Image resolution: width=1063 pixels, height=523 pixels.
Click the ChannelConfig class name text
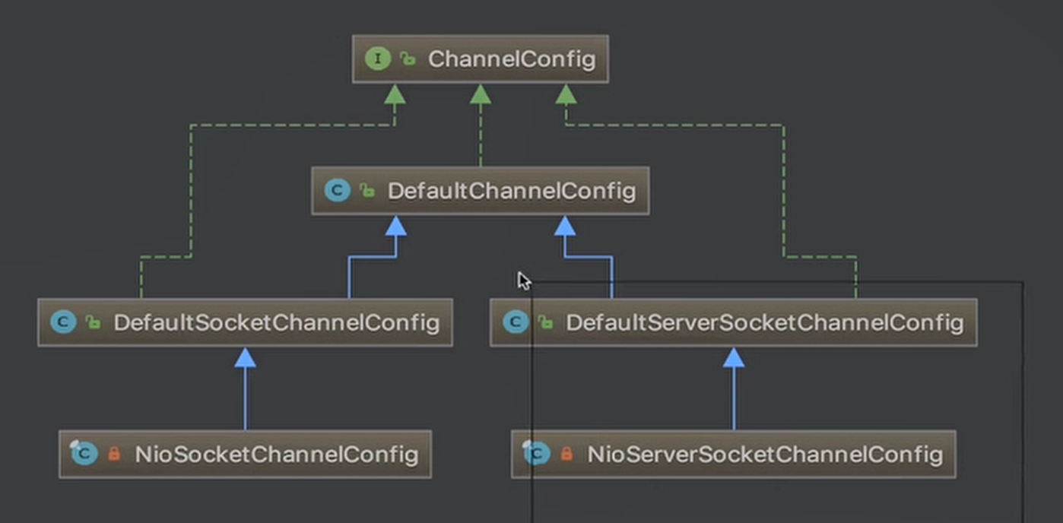point(512,59)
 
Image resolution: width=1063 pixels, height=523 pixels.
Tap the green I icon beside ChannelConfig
point(378,59)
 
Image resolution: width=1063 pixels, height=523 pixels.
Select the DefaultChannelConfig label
point(512,192)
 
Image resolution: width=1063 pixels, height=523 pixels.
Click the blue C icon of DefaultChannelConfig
point(338,191)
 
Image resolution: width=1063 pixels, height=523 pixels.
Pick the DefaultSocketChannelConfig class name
point(277,323)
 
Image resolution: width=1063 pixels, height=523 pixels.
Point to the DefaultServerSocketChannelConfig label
point(765,323)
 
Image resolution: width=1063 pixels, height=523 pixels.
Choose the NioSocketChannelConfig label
point(277,455)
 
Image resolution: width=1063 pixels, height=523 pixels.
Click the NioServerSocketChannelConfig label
point(765,455)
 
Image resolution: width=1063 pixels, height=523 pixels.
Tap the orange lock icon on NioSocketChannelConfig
point(114,454)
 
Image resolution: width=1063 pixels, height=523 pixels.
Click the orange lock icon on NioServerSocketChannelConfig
point(566,454)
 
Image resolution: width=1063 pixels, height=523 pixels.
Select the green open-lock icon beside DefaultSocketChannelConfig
point(93,323)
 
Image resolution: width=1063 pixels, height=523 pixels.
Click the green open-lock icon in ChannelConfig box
point(408,59)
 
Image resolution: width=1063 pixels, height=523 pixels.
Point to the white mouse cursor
point(524,281)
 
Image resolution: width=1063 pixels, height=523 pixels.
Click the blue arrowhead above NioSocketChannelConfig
point(246,357)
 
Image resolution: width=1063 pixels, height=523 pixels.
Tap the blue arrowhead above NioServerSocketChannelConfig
point(734,357)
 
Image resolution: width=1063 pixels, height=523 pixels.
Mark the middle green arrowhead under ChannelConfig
point(481,94)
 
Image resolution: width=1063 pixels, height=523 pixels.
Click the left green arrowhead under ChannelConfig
point(395,94)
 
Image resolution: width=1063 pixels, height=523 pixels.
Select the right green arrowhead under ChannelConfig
point(566,94)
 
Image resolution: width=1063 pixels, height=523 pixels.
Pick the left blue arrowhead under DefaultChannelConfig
point(396,226)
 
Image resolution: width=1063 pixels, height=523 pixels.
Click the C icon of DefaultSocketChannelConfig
point(64,323)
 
